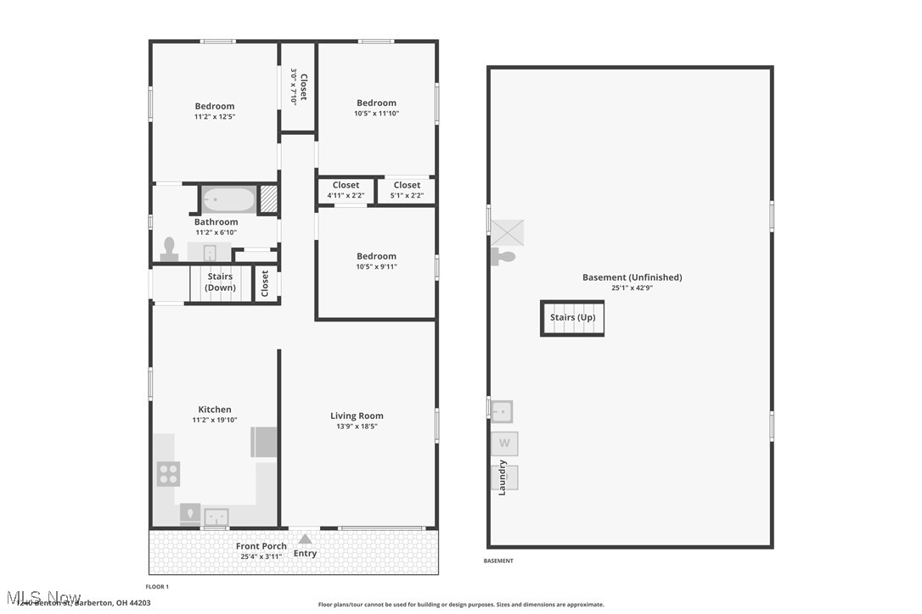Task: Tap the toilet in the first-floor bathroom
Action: tap(168, 248)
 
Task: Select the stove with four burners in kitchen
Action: tap(168, 473)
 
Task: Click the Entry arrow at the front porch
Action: tap(305, 539)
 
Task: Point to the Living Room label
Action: tap(357, 416)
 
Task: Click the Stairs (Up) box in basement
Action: tap(572, 318)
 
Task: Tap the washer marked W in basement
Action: tap(504, 443)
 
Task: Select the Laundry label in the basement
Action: tap(502, 477)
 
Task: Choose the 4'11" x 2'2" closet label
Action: tap(346, 196)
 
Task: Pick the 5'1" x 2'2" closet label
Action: tap(407, 196)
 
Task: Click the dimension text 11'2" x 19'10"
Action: tap(215, 420)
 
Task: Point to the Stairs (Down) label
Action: tap(220, 282)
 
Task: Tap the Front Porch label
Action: tap(261, 546)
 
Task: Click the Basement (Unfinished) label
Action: tap(632, 277)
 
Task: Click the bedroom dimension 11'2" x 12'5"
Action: tap(215, 117)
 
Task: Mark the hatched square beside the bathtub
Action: tap(268, 199)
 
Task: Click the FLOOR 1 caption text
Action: tap(157, 587)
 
